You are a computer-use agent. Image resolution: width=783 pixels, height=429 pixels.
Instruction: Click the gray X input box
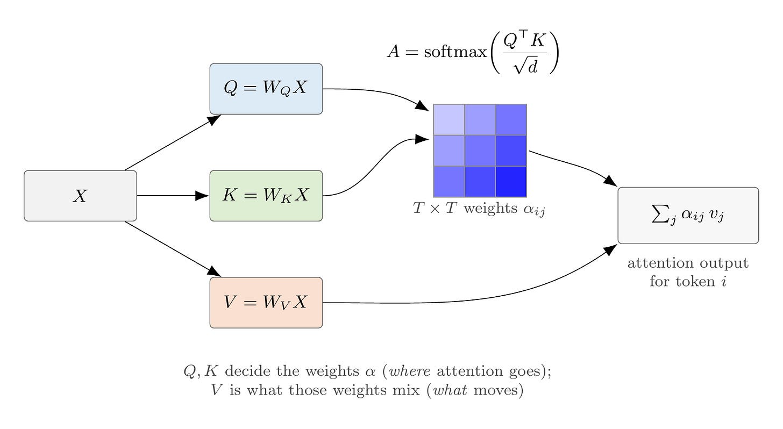point(81,196)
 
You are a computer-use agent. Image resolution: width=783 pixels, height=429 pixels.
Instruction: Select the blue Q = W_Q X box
point(266,89)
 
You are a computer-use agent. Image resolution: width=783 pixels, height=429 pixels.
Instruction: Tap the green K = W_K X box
point(266,196)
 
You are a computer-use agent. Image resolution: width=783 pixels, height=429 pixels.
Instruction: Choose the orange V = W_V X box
point(266,303)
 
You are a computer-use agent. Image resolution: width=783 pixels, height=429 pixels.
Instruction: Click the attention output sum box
point(688,215)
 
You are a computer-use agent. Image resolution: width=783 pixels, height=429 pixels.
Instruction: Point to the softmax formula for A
point(473,52)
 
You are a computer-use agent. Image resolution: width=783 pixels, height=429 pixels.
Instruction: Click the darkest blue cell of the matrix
point(511,182)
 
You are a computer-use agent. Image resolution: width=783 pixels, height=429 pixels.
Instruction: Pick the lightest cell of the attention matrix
point(449,119)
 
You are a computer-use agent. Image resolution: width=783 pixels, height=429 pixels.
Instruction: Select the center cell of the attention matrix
point(480,151)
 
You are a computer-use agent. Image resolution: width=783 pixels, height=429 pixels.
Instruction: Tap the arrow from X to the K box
point(173,196)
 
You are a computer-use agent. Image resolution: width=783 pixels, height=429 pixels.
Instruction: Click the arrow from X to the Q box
point(173,142)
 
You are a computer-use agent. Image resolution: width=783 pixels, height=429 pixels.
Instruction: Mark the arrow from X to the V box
point(173,249)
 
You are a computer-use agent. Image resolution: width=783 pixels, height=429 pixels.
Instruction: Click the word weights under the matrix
point(490,208)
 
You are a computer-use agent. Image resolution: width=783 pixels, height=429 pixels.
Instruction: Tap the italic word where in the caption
point(410,370)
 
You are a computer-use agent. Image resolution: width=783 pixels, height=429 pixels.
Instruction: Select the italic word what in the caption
point(450,390)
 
